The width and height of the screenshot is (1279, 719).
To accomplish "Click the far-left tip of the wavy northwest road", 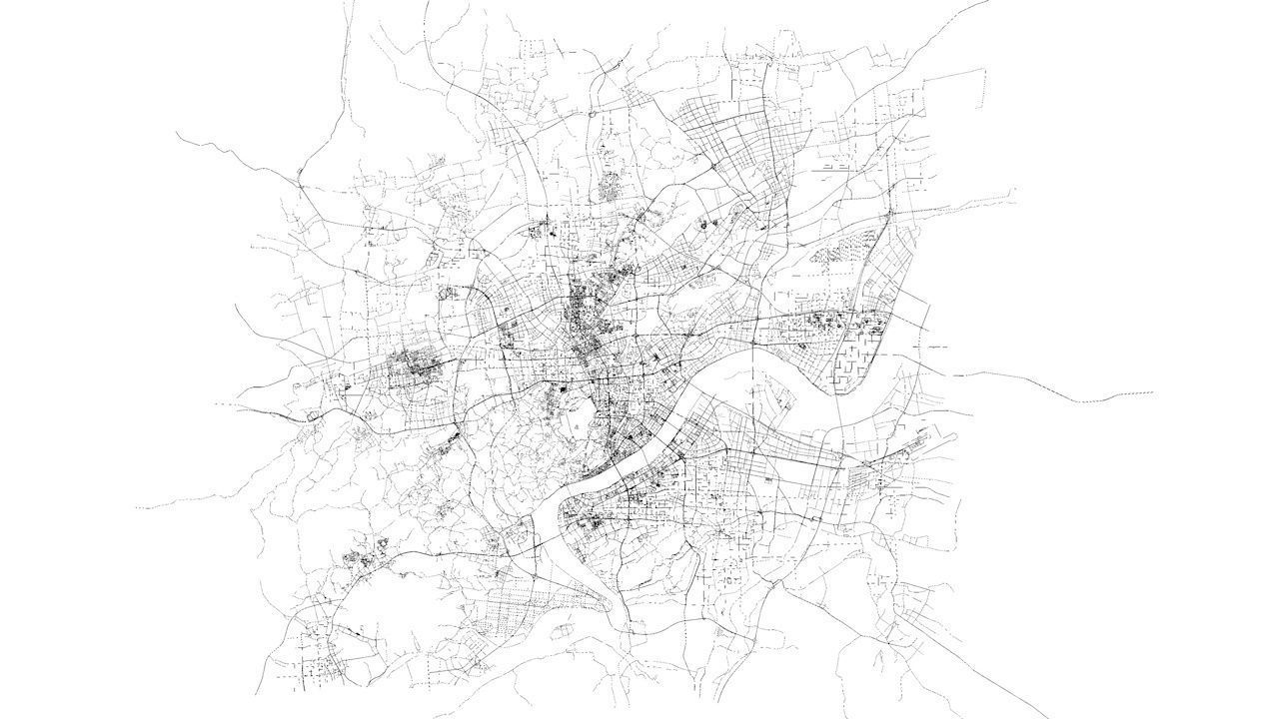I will pos(178,133).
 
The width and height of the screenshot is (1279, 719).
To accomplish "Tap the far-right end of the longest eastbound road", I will pos(1152,392).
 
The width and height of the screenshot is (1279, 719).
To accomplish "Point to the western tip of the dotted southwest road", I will pos(137,507).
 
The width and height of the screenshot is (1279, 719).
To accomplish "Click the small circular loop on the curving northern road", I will pos(593,114).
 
